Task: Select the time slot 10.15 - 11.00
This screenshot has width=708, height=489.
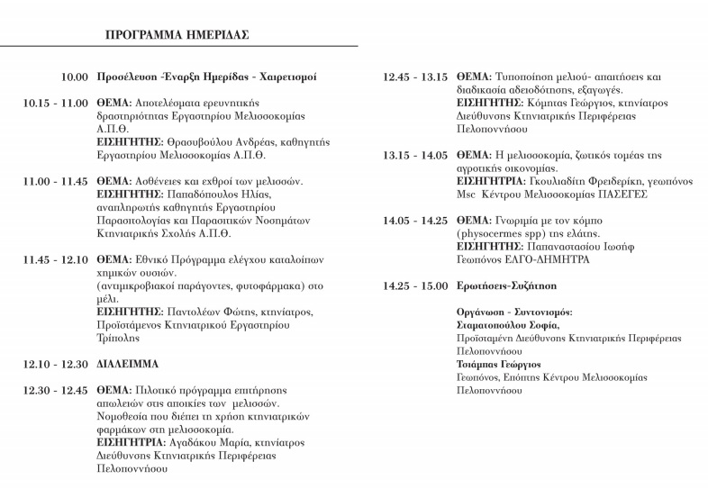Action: [56, 104]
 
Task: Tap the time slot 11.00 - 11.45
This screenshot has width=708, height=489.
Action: [56, 181]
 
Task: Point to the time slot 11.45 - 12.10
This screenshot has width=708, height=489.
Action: [56, 258]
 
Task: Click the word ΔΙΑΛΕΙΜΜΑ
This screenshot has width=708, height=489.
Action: [128, 364]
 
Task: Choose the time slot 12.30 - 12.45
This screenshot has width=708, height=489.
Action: [56, 390]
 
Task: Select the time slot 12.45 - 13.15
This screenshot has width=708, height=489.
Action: [415, 77]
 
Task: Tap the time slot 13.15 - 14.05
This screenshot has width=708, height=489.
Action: [415, 155]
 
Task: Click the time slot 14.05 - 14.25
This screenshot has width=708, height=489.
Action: [415, 220]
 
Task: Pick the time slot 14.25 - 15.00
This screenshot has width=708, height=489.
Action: [415, 285]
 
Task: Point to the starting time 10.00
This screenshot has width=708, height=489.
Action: [75, 77]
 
